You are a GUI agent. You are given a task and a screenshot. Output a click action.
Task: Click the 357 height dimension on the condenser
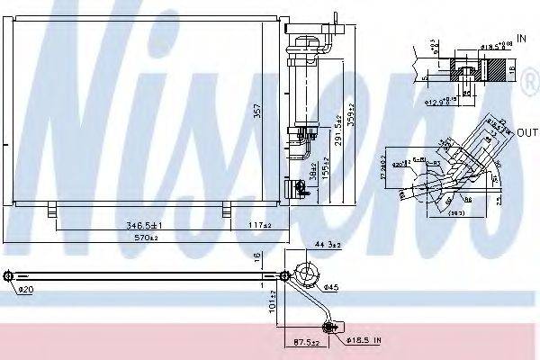pyautogui.click(x=260, y=112)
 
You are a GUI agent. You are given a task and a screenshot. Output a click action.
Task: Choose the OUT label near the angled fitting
pyautogui.click(x=526, y=132)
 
